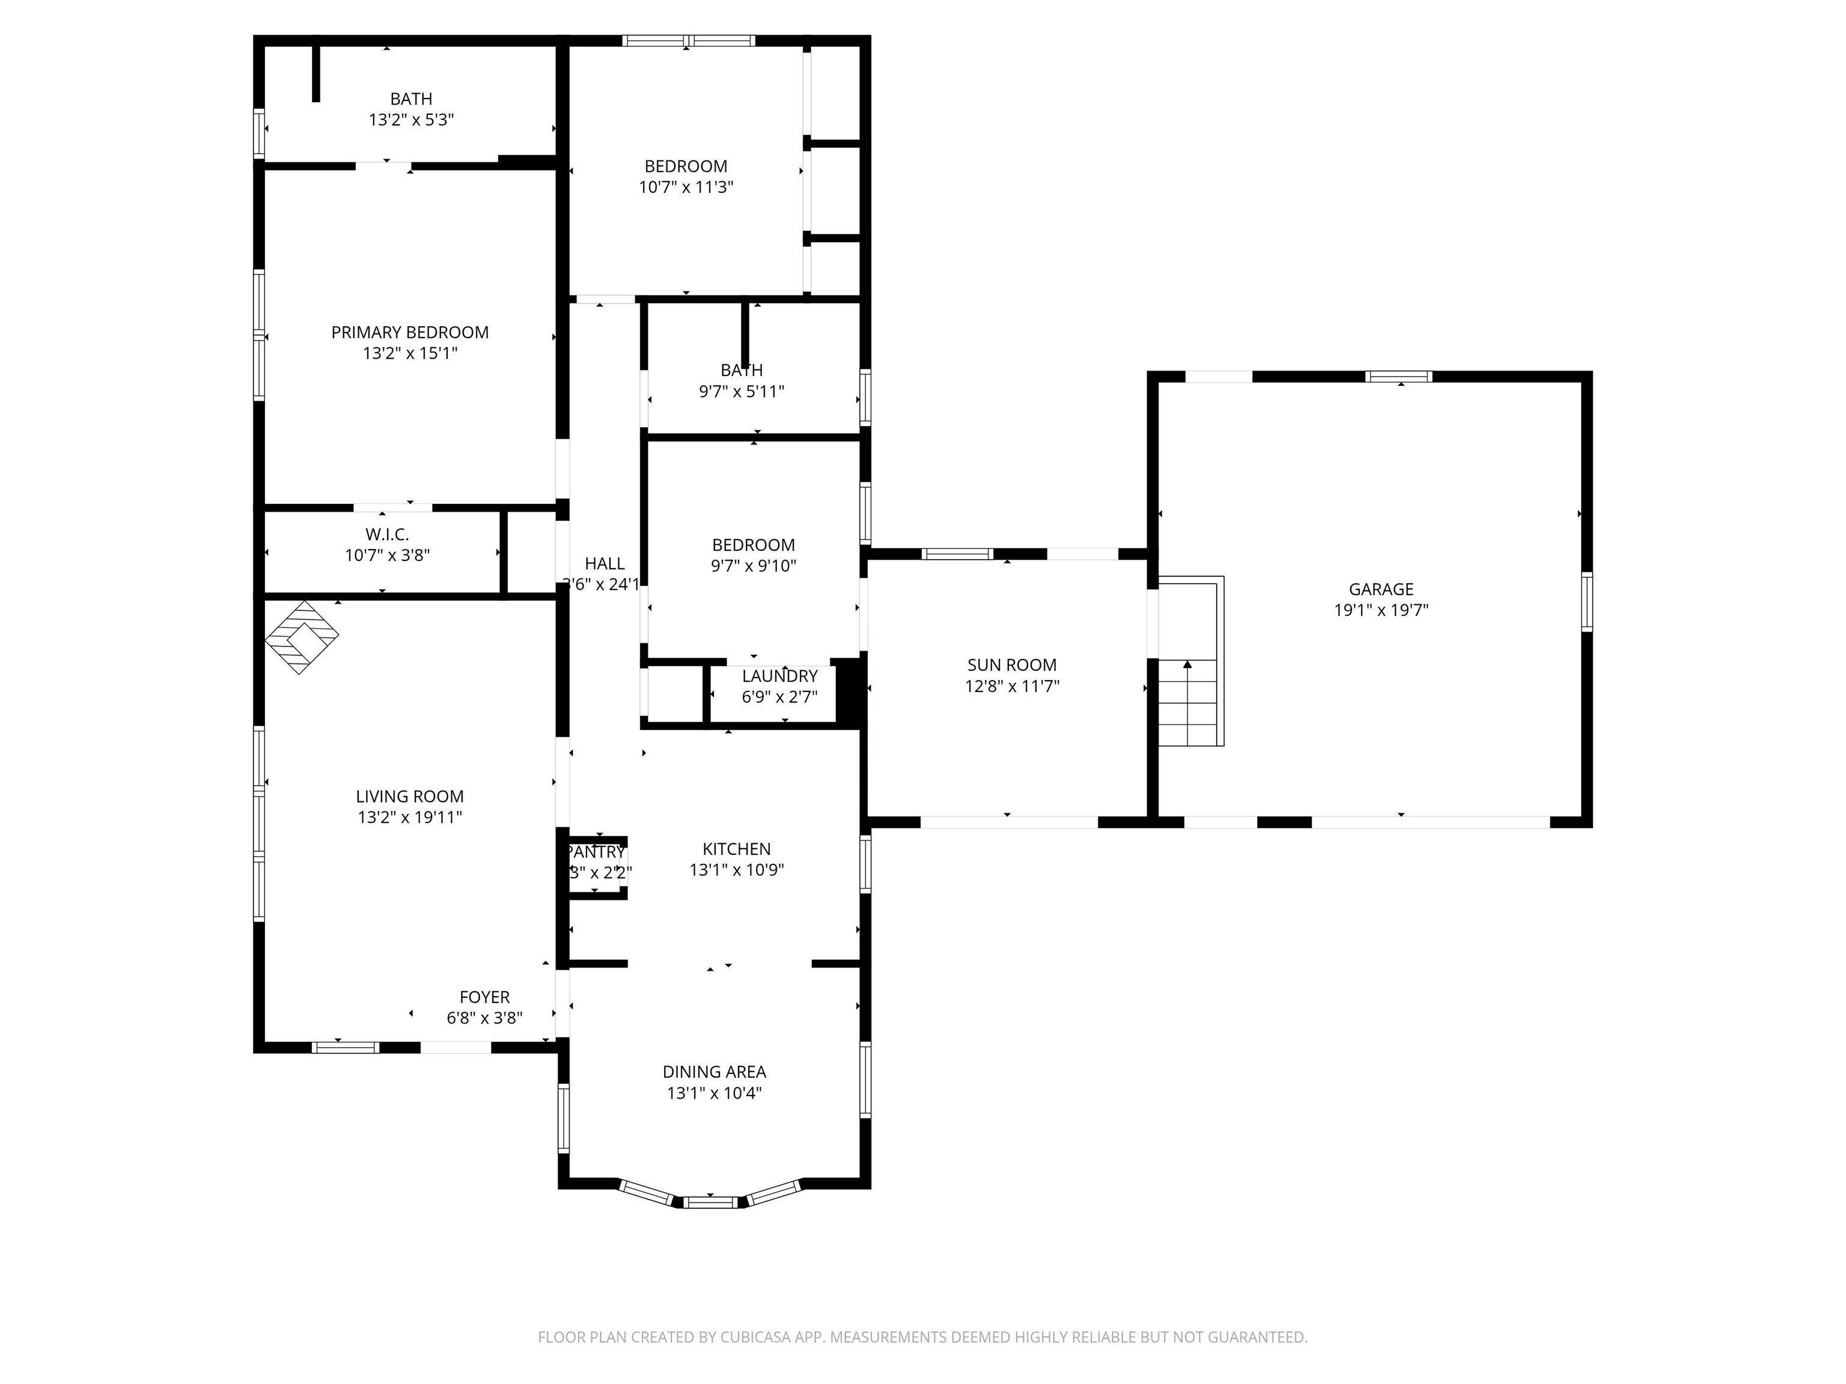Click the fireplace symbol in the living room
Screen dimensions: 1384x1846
301,637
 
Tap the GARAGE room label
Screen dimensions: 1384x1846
1380,589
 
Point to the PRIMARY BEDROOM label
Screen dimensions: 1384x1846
410,332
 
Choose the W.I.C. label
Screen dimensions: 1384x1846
387,534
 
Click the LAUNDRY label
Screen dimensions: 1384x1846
779,676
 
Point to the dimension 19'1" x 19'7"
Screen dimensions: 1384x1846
1380,610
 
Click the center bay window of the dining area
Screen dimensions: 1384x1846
710,1202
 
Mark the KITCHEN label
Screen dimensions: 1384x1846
736,848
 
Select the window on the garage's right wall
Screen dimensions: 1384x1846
1586,601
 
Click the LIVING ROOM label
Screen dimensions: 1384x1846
410,796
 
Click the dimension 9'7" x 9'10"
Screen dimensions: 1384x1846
753,566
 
